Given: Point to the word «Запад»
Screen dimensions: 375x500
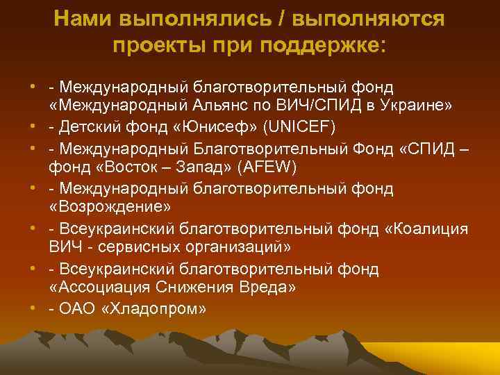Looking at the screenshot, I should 196,167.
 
